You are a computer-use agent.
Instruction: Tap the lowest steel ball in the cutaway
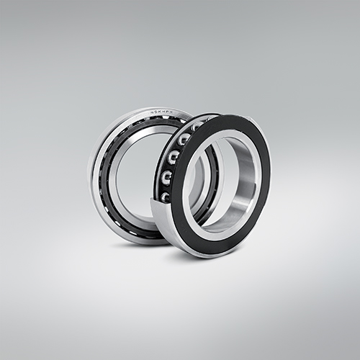pos(166,195)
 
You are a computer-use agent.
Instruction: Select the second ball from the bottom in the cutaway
pos(167,176)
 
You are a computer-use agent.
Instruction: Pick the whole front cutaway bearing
pos(216,184)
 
